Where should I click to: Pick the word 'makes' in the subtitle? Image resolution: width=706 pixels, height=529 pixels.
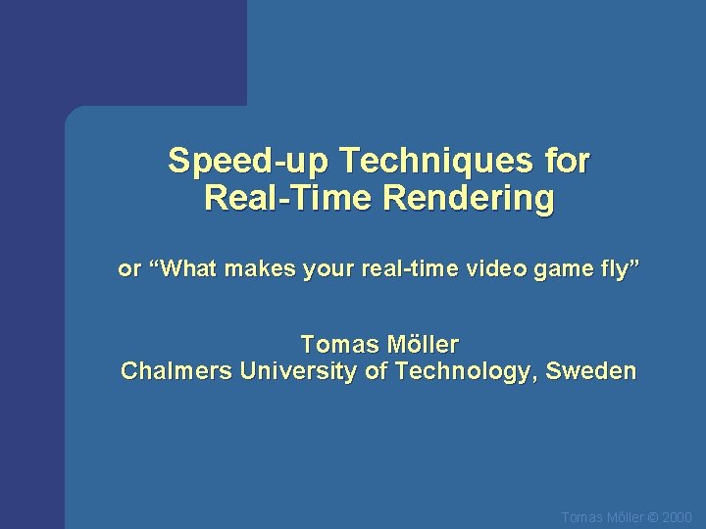(260, 269)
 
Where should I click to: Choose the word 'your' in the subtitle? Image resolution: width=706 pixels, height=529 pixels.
(326, 270)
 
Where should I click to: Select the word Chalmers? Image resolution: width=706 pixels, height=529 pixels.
(169, 372)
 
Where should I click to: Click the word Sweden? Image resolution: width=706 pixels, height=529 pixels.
(591, 372)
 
